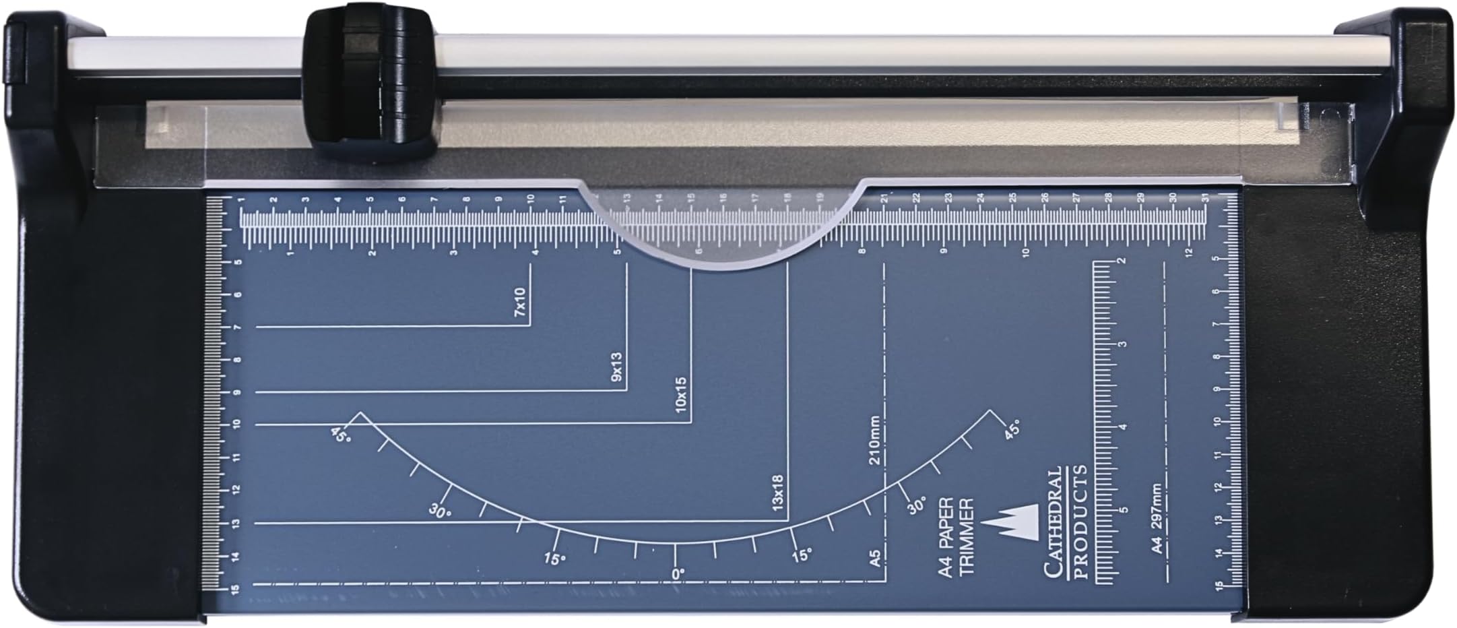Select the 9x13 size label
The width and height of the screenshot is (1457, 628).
(617, 367)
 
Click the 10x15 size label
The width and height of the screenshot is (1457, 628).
(681, 394)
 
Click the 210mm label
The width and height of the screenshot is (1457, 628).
(874, 442)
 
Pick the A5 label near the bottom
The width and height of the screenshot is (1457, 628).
(874, 558)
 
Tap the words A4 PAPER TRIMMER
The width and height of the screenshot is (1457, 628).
(956, 537)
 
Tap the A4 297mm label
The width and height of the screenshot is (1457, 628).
(1157, 519)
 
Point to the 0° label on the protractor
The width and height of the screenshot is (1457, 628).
(678, 573)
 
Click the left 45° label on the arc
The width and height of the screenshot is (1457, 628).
(341, 435)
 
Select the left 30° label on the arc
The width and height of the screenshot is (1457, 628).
(440, 511)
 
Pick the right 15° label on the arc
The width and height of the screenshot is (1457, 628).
(802, 556)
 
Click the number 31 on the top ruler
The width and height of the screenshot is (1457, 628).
(1204, 197)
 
